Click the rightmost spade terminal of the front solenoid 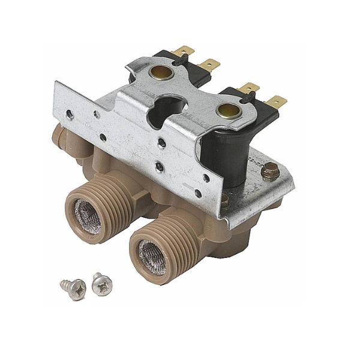coord(275,100)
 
